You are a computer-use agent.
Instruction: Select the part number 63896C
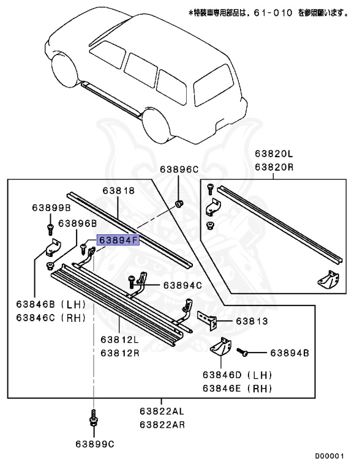click(180, 169)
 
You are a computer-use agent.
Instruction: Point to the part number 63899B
click(52, 209)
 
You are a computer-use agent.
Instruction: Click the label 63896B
click(78, 223)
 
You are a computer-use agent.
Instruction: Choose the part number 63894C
click(182, 285)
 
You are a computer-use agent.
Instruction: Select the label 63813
click(250, 320)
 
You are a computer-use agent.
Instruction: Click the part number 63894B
click(289, 352)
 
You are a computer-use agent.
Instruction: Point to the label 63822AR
click(160, 424)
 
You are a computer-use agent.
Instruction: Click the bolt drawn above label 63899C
click(93, 420)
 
